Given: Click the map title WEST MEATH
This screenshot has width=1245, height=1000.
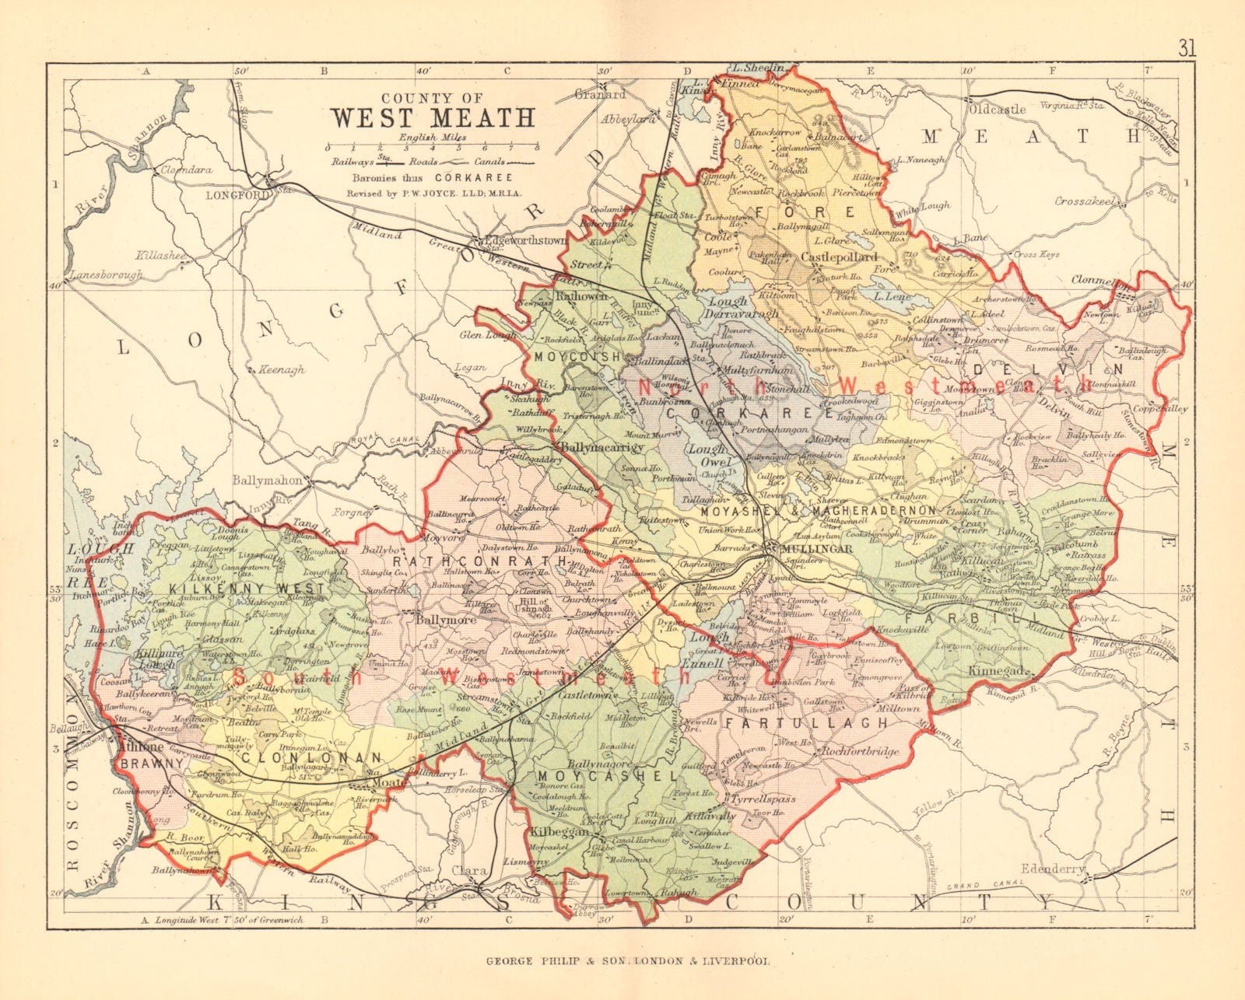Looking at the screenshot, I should [433, 117].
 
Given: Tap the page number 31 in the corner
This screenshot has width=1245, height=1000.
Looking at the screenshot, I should [1187, 48].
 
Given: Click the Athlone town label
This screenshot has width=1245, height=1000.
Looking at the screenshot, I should [142, 747].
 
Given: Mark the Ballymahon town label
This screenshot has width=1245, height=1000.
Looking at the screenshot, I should [267, 481].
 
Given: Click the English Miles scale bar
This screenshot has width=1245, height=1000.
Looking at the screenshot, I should [433, 146].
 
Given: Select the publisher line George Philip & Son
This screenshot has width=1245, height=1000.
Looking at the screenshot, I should [628, 960].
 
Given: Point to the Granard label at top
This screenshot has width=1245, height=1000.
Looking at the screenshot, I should [600, 94].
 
